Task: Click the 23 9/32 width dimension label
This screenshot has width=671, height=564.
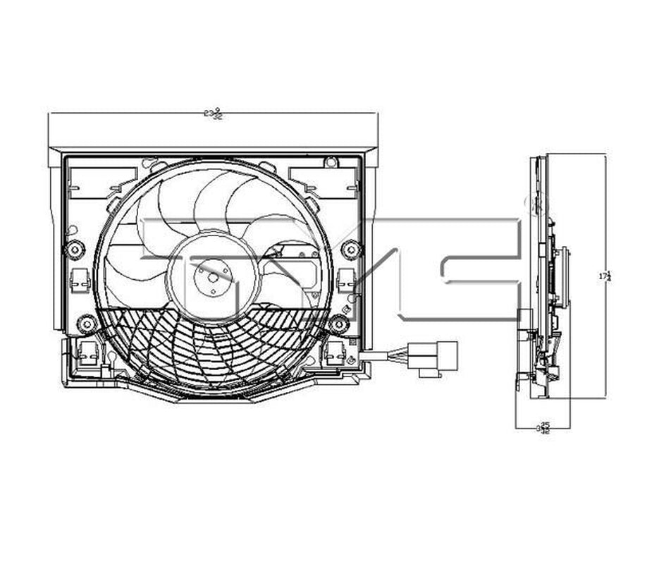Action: pos(212,113)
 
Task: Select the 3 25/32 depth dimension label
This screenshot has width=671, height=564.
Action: pos(543,427)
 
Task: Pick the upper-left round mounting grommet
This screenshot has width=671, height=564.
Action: pos(74,248)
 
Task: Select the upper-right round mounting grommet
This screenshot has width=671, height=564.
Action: pos(350,249)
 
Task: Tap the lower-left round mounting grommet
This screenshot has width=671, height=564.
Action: pos(87,324)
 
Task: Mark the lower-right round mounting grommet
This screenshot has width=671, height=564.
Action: pos(338,324)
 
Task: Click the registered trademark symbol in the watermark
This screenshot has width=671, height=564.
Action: pos(529,203)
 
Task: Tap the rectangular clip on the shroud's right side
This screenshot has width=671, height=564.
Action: pos(345,279)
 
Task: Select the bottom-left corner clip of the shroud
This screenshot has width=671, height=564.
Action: pos(89,352)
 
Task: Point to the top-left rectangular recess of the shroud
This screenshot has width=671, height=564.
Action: pos(103,182)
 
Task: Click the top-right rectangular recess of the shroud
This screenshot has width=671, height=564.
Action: pos(324,182)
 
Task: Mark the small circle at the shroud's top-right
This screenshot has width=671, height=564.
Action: pos(330,163)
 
